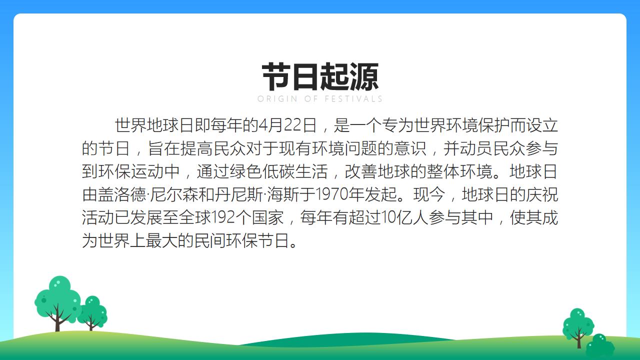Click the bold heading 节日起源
coord(320,77)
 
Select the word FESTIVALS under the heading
coord(353,99)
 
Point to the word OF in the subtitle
coord(311,99)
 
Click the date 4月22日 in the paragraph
coord(287,125)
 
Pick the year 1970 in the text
coord(331,194)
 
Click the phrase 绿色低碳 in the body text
coord(262,171)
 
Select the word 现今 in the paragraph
coord(429,194)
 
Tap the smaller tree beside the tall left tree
coord(92,313)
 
